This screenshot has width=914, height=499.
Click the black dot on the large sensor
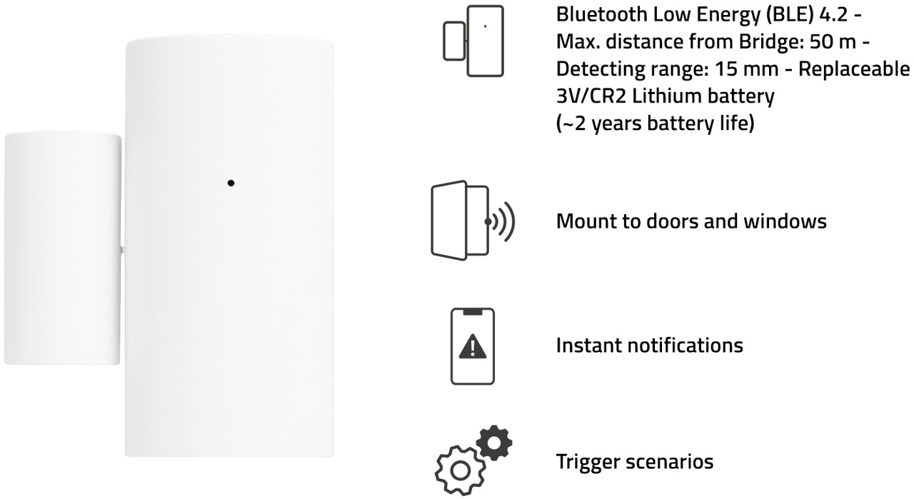(x=231, y=183)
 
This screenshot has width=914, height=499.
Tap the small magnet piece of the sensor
(x=62, y=248)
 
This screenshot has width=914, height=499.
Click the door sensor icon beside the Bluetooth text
(x=473, y=41)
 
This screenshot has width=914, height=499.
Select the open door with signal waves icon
(x=473, y=221)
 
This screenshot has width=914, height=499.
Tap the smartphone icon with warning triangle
(x=473, y=346)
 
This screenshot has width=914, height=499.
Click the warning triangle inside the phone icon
(x=473, y=346)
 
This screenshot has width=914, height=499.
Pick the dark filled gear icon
(x=494, y=443)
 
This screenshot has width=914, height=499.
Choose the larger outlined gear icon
(x=461, y=470)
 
